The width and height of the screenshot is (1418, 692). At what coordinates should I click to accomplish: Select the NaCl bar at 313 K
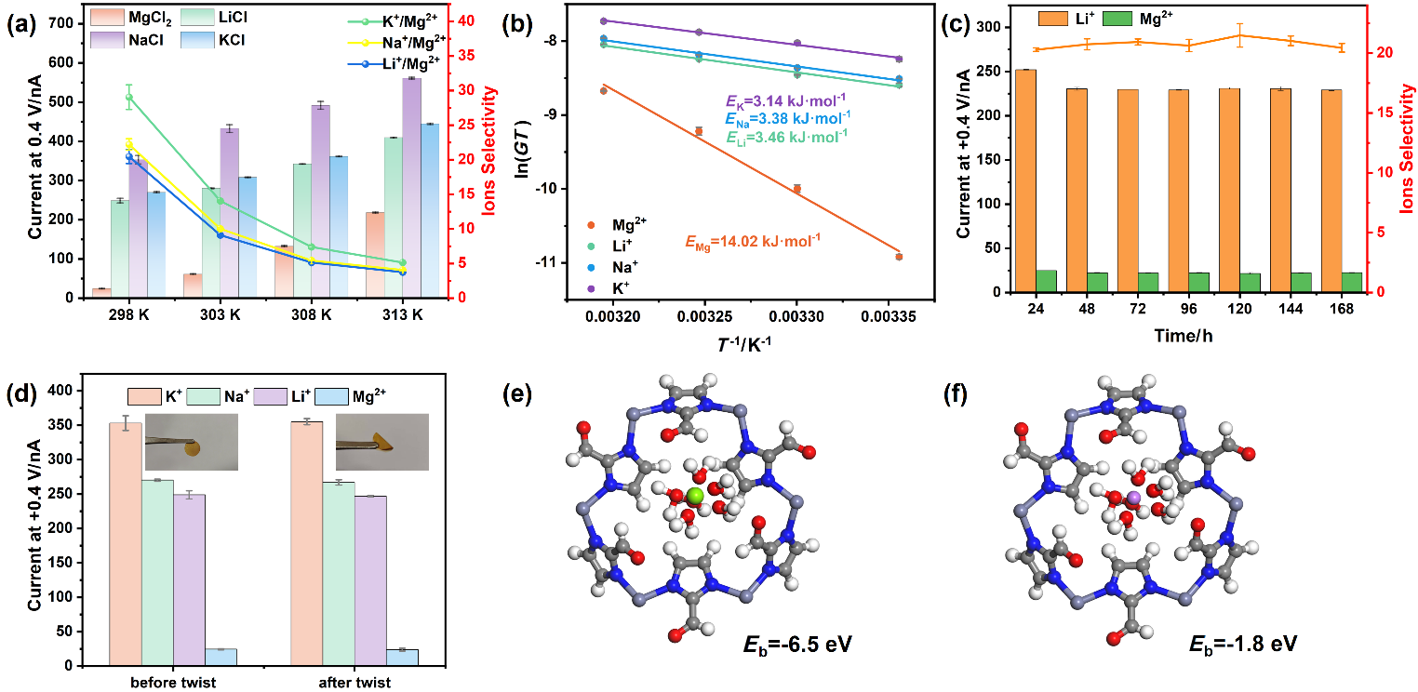point(411,188)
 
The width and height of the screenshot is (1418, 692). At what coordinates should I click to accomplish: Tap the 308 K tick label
point(312,315)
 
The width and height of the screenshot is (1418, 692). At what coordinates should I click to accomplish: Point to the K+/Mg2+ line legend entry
point(394,20)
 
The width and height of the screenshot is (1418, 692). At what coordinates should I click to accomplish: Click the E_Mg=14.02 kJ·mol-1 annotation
point(753,242)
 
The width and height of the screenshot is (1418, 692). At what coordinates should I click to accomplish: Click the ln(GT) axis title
point(522,148)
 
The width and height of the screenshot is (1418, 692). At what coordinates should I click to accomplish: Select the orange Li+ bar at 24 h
point(1025,181)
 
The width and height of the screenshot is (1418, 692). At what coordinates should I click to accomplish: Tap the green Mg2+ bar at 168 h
point(1352,283)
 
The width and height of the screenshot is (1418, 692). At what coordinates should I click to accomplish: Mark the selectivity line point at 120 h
point(1239,35)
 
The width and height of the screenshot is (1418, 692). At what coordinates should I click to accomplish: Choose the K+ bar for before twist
point(126,544)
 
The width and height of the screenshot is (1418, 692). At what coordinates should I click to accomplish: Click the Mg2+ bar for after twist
point(402,658)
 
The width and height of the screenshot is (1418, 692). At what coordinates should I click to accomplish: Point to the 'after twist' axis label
point(354,683)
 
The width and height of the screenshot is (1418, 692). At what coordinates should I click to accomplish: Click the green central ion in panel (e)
point(695,497)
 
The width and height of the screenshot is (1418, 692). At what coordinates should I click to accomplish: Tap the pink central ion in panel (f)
point(1134,498)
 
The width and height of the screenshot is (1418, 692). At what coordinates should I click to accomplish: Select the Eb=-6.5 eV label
point(797,645)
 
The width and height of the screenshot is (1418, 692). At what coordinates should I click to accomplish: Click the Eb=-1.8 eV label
point(1243,645)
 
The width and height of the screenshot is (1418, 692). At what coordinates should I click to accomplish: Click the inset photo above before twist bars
point(192,442)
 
